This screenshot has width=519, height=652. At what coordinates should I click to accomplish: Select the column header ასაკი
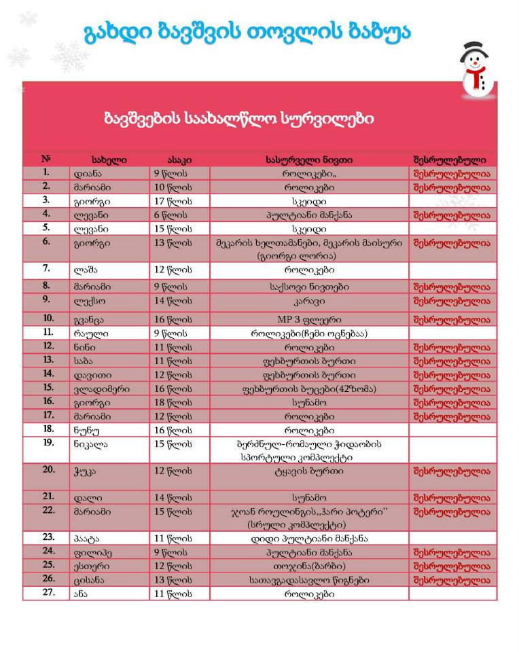click(x=179, y=160)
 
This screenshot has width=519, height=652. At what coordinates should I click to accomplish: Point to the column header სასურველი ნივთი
click(x=308, y=160)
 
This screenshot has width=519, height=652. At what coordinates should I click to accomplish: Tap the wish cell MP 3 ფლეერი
click(x=308, y=318)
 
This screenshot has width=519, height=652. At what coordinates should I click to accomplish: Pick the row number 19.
click(x=48, y=442)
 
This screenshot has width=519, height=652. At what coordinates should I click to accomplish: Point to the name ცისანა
click(x=91, y=579)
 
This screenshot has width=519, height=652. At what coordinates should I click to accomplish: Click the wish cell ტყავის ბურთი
click(x=308, y=470)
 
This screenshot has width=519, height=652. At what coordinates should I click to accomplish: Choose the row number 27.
click(x=48, y=593)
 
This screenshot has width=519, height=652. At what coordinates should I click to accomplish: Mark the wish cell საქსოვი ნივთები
click(x=308, y=287)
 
